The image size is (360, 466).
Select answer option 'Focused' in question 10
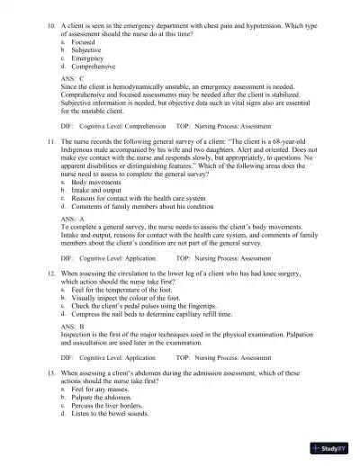pyautogui.click(x=85, y=40)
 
